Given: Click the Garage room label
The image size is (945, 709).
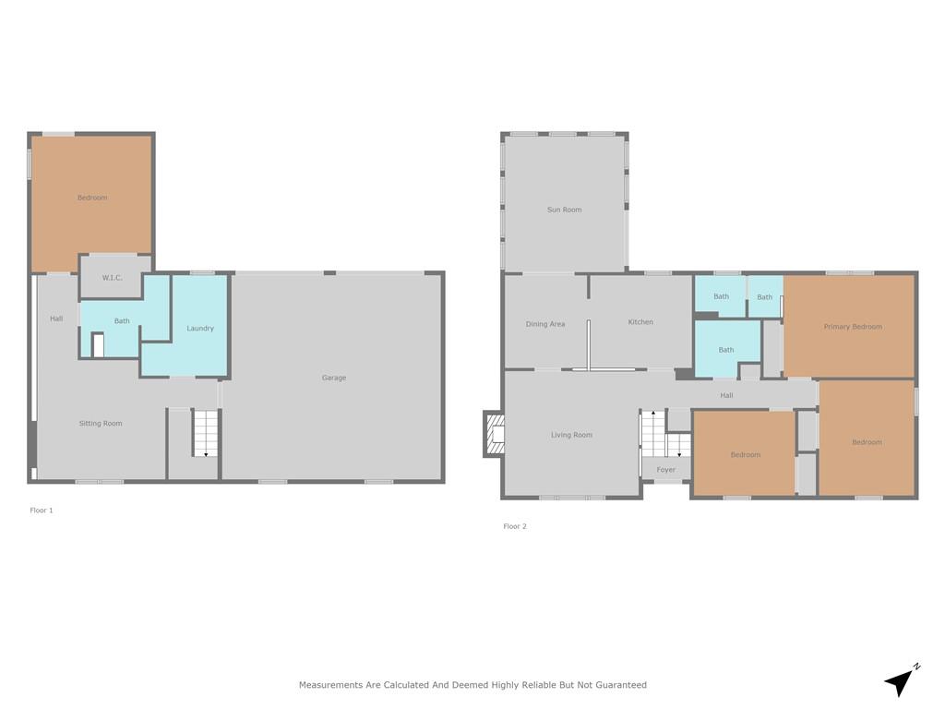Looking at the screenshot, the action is coord(334,378).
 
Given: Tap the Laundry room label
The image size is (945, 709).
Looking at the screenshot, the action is coord(200,329).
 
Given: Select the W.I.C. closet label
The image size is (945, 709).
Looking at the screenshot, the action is coord(112,278).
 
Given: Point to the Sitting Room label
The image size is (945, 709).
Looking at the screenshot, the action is coord(101,423).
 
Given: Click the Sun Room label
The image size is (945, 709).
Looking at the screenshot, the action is coord(565,210).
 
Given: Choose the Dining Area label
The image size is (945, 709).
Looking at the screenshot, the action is coord(545,324).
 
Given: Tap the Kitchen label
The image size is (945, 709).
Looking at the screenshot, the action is coord(640,322).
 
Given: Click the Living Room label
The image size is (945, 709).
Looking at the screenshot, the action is coord(572,435).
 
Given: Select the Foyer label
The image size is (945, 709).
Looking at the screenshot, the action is coord(666,470).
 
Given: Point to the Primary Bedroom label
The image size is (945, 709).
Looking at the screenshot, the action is coord(853,327).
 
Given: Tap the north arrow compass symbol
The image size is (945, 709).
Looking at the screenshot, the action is coord(902,680).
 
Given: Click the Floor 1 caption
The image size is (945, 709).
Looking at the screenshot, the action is coord(42,510).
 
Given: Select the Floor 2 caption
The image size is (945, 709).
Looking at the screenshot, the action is coord(515,526).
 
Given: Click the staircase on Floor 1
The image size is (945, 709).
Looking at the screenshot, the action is coord(206,433).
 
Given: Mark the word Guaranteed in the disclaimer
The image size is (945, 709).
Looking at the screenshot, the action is coord(621,685).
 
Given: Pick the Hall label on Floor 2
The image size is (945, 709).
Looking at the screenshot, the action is coord(727,395).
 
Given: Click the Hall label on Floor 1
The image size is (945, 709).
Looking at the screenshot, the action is coord(56,318).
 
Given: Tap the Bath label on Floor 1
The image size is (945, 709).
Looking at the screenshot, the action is coord(122,321).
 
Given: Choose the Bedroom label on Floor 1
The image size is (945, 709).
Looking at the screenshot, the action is coord(92,198).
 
